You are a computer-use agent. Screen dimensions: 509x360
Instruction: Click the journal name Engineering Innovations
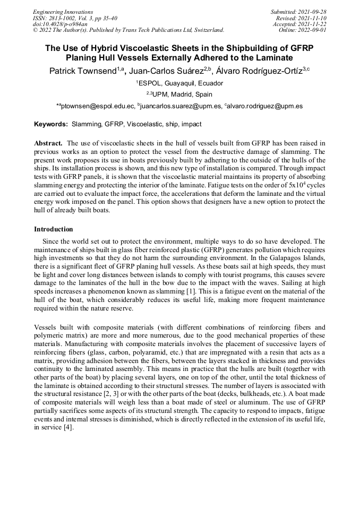(x=63, y=12)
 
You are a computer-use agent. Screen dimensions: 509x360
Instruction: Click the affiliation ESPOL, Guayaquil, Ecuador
(x=181, y=83)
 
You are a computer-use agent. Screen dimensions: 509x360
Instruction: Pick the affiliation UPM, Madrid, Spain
(x=182, y=94)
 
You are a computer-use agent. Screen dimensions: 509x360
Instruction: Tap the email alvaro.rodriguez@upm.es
(x=265, y=106)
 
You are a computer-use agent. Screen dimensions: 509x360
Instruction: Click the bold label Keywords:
(x=51, y=124)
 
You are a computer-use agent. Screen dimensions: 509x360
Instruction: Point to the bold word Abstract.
(x=49, y=143)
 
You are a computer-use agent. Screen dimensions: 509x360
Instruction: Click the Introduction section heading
(x=53, y=229)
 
